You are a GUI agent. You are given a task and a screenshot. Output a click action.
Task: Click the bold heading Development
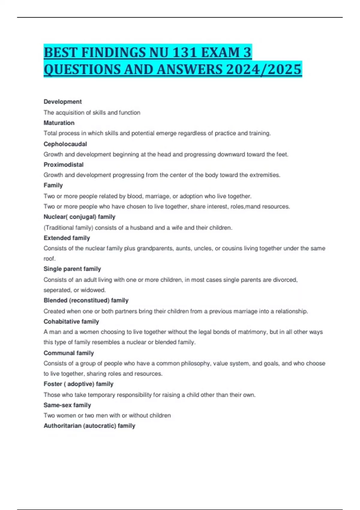(63, 102)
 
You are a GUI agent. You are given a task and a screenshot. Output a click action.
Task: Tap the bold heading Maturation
(59, 123)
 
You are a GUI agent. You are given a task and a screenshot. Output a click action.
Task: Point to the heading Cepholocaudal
(65, 144)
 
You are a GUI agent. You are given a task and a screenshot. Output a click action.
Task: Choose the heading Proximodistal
(64, 165)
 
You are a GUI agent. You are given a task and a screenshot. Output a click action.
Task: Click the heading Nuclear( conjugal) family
(79, 217)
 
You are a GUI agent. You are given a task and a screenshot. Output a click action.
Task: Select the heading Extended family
(67, 238)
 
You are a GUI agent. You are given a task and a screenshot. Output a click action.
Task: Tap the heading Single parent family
(72, 269)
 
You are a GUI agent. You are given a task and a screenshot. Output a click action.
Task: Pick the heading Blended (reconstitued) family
(86, 300)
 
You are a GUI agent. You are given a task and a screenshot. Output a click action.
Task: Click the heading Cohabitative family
(71, 322)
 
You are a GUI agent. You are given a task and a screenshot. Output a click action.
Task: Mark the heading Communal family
(69, 353)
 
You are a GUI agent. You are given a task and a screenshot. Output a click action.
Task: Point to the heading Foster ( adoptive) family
(79, 384)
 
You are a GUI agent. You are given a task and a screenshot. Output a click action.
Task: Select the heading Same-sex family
(67, 405)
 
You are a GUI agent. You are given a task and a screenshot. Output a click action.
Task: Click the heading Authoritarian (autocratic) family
(89, 426)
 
